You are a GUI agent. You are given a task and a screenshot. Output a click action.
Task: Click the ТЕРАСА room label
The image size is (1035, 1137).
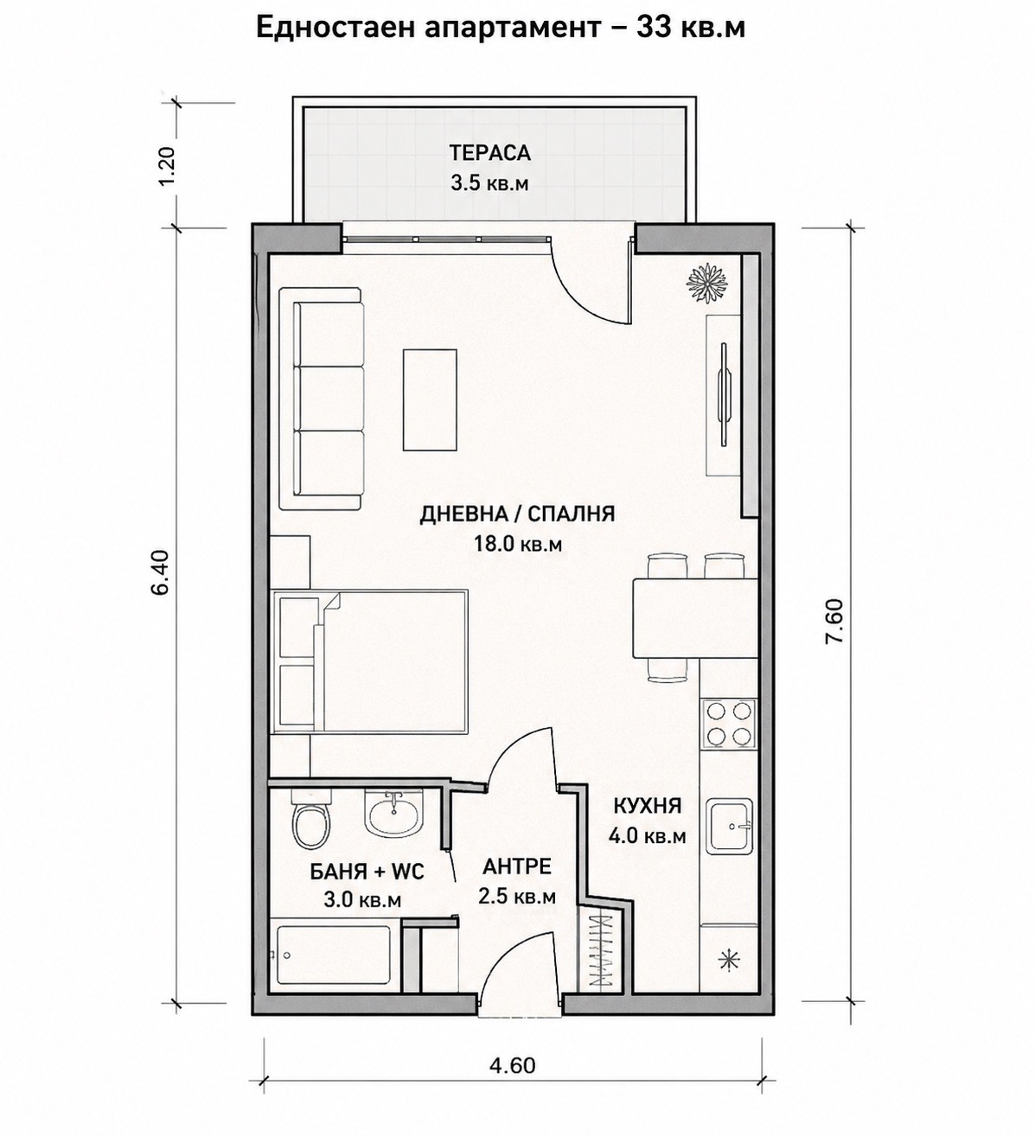489,153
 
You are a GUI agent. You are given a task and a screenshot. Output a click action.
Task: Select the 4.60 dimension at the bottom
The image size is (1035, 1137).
513,1066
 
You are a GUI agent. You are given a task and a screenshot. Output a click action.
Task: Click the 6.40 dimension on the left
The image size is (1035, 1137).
161,572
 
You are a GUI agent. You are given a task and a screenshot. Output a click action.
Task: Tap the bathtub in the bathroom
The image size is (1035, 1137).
333,957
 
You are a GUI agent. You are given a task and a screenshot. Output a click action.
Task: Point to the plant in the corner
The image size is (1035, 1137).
706,281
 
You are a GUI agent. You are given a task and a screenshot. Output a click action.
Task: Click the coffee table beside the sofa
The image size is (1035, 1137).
430,399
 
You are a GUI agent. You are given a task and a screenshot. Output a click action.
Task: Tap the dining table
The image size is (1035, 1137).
695,618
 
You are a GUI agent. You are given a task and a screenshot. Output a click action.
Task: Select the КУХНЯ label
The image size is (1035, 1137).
648,806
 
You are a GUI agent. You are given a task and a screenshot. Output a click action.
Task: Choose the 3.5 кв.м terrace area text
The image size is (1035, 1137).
489,183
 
